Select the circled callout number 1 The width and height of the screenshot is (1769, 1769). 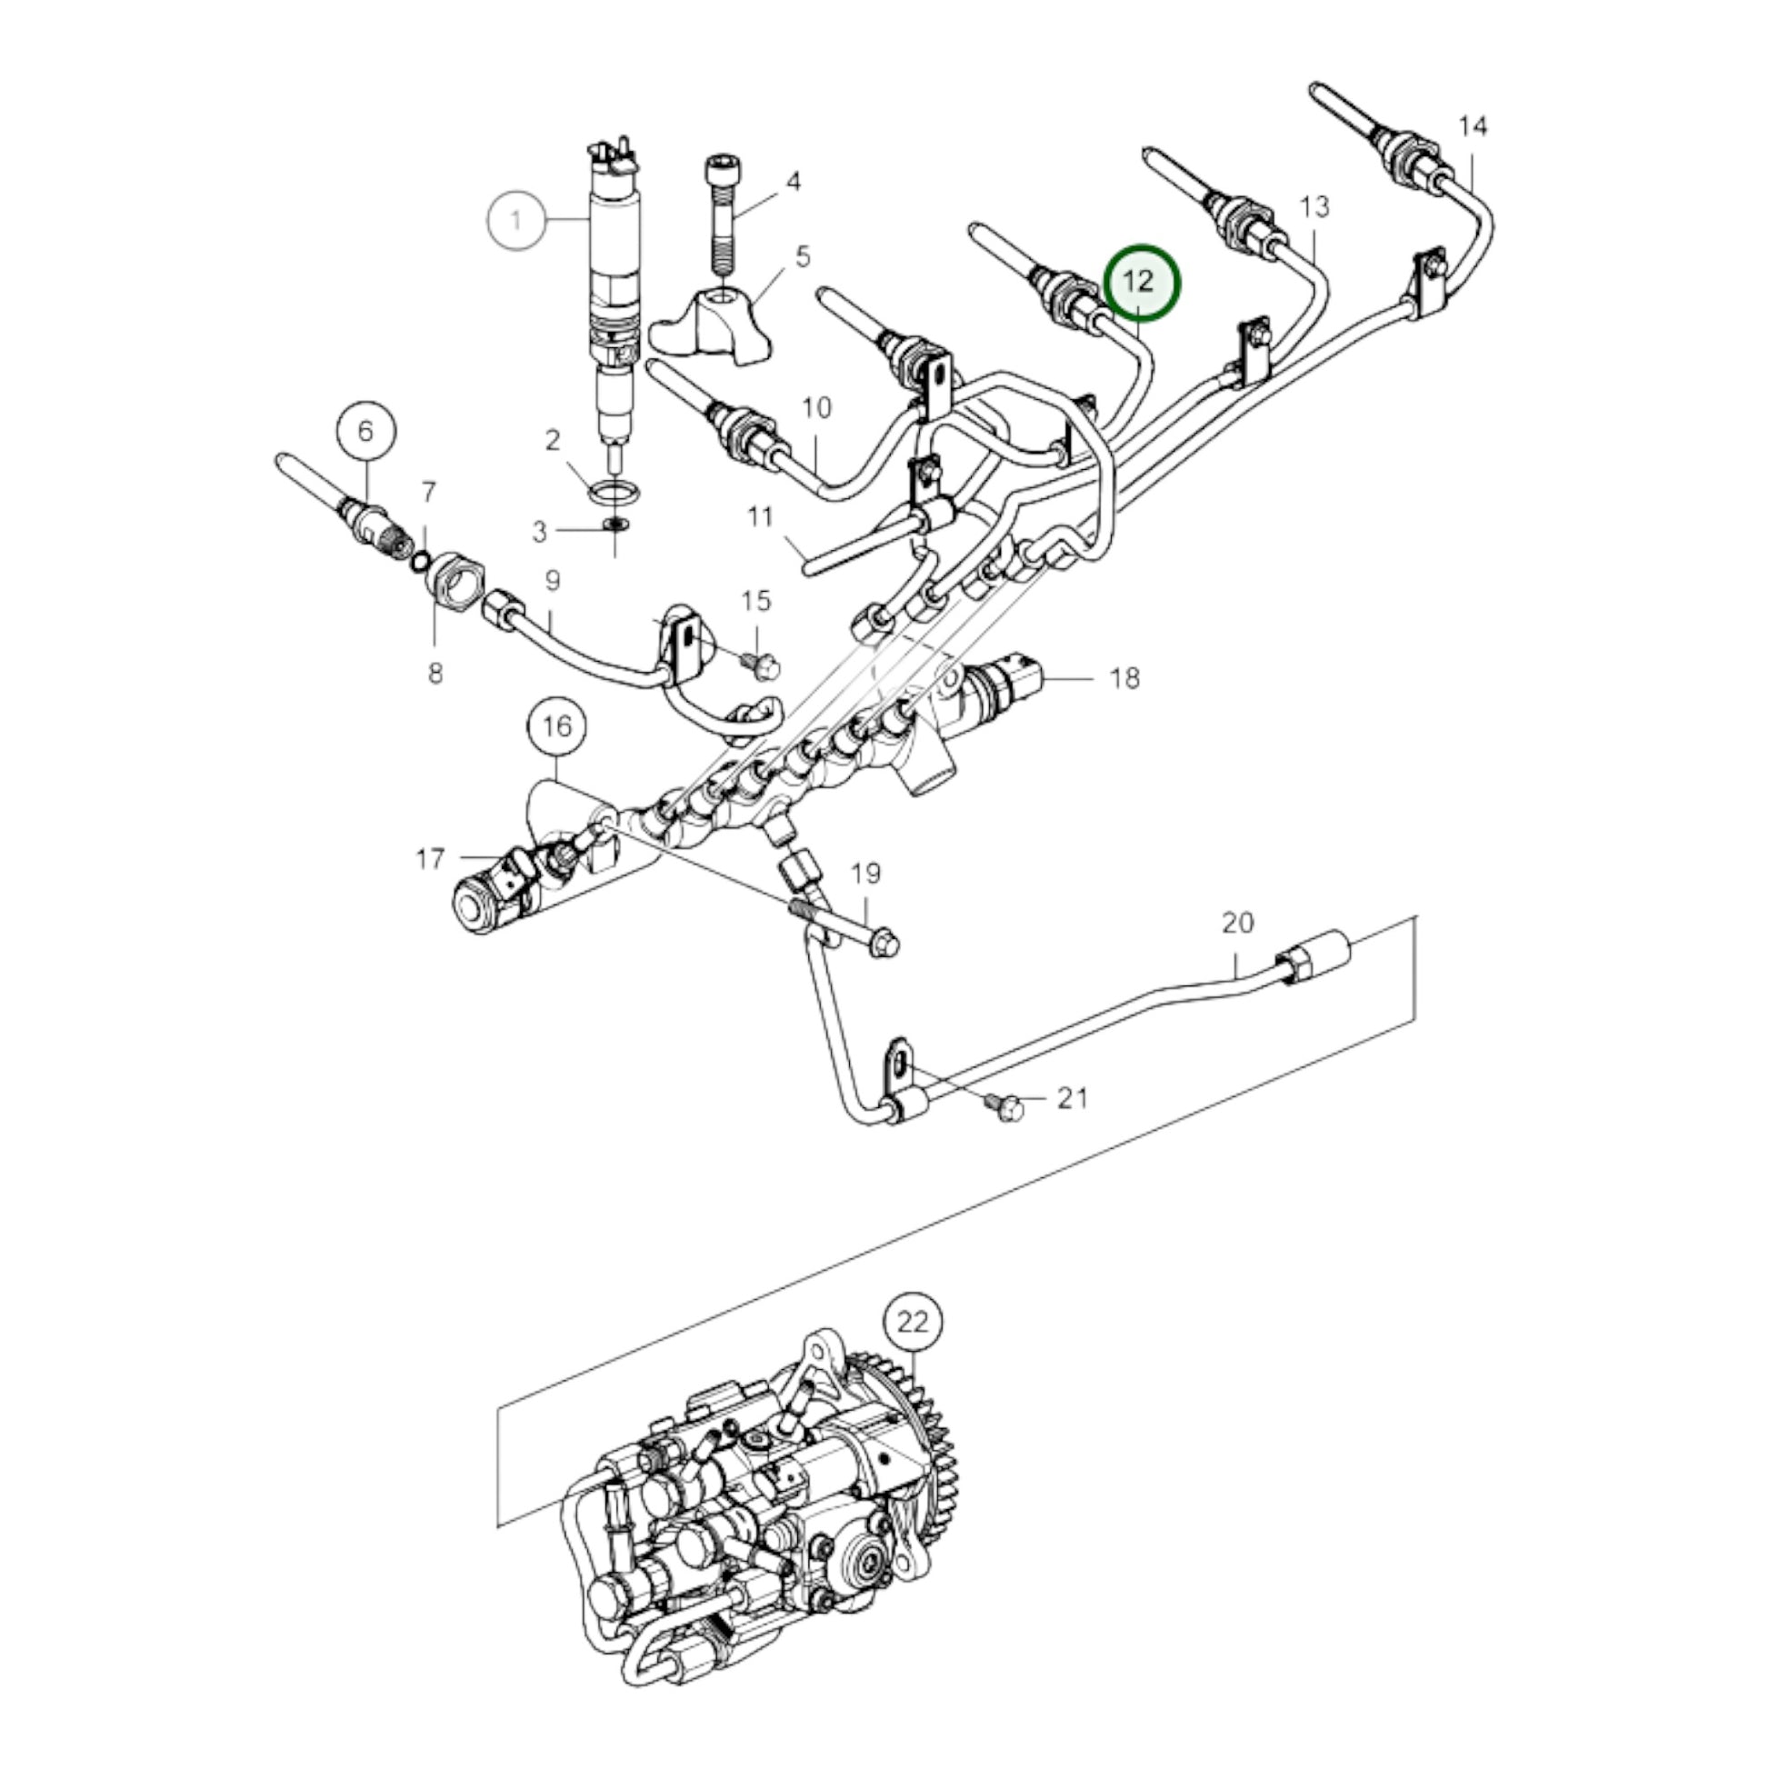516,221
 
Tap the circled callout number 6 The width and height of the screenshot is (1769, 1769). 366,430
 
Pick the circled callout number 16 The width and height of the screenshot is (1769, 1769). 556,727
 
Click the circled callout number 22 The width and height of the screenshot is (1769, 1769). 913,1322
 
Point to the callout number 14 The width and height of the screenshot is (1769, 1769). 1473,126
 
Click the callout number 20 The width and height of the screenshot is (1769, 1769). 1237,923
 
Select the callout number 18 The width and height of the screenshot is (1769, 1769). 1124,678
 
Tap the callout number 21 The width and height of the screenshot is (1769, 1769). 1072,1098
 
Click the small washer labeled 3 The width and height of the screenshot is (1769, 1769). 615,526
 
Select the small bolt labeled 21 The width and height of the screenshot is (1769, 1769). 1005,1109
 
